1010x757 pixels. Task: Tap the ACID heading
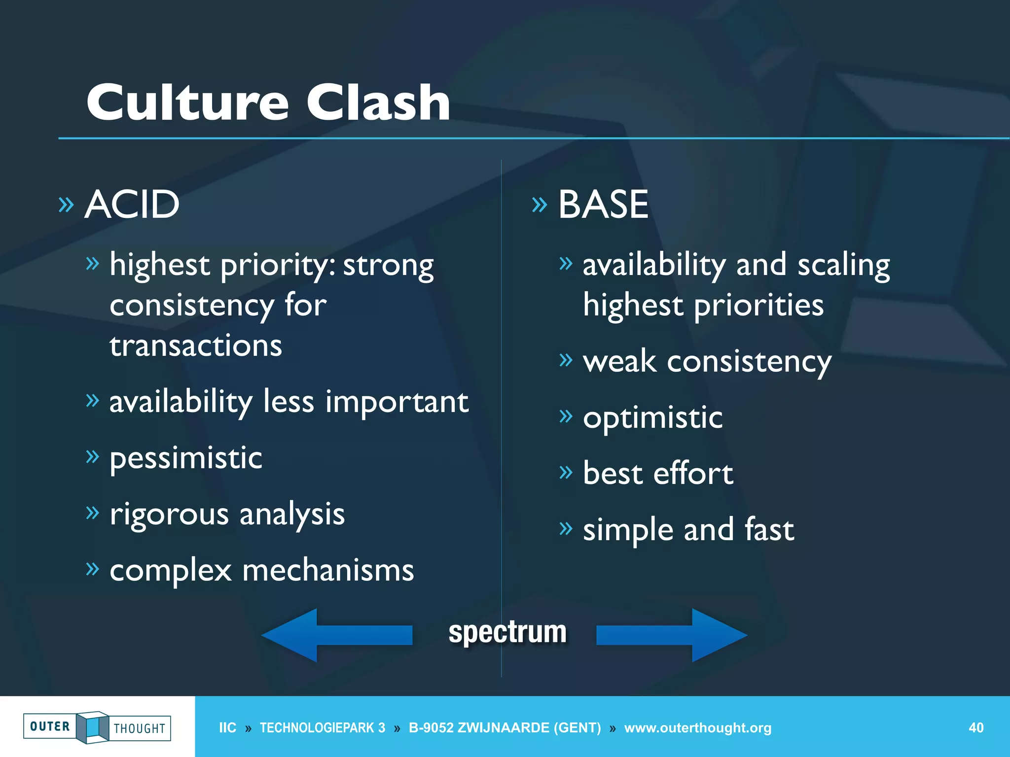point(132,205)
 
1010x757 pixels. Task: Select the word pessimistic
point(185,459)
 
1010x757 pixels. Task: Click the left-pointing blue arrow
point(337,635)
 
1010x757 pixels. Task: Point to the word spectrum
point(507,632)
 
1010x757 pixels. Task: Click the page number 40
point(976,728)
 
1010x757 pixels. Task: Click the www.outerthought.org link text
point(697,728)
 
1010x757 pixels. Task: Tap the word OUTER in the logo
point(50,726)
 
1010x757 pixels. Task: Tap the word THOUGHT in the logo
point(140,728)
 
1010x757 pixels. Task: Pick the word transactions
point(196,345)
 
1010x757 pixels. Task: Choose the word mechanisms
point(328,571)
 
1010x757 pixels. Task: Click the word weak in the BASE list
point(619,362)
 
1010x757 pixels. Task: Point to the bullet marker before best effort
point(566,473)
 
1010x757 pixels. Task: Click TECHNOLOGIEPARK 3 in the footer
point(322,728)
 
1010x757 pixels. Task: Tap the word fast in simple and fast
point(769,530)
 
